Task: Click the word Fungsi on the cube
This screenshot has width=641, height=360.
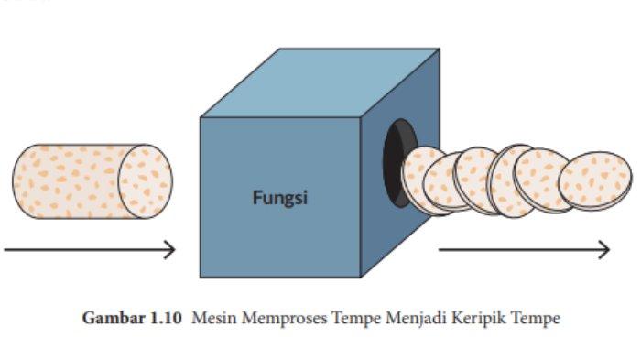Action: coord(280,198)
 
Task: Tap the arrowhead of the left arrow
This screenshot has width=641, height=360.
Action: coord(169,249)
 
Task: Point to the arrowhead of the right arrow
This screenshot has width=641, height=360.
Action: coord(604,249)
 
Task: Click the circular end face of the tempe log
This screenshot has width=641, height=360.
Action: coord(146,181)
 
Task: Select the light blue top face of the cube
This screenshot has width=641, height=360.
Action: coord(320,83)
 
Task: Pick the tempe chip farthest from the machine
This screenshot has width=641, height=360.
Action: coord(595,180)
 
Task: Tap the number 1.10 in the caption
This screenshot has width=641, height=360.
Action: coord(166,318)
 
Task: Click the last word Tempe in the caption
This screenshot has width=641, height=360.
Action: coord(536,319)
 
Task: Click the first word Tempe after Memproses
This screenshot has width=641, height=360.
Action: coord(355,319)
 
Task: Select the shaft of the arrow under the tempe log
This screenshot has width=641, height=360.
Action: coord(86,249)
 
